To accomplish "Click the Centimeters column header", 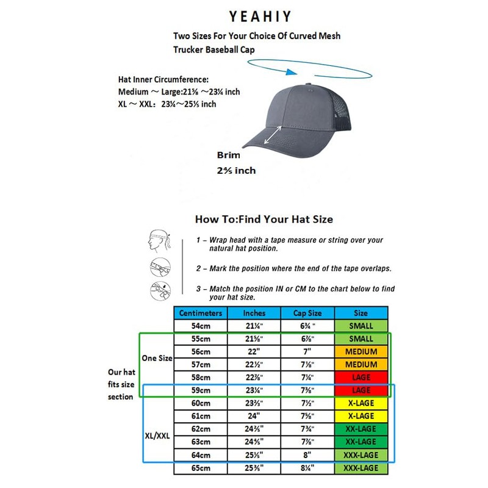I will pyautogui.click(x=201, y=313).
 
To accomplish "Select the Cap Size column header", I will pyautogui.click(x=306, y=313).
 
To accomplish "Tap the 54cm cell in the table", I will pyautogui.click(x=201, y=326).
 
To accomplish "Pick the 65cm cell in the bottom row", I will pyautogui.click(x=201, y=468).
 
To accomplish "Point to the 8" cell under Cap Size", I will pyautogui.click(x=306, y=455).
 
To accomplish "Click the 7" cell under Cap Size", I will pyautogui.click(x=306, y=352).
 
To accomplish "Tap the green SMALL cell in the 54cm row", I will pyautogui.click(x=361, y=326).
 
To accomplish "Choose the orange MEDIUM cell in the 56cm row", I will pyautogui.click(x=361, y=352).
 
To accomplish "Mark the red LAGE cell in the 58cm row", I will pyautogui.click(x=361, y=378).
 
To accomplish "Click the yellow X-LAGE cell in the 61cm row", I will pyautogui.click(x=361, y=416).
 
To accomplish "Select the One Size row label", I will pyautogui.click(x=157, y=358).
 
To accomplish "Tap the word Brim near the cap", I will pyautogui.click(x=229, y=155).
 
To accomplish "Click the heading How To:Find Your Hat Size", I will pyautogui.click(x=264, y=218).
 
